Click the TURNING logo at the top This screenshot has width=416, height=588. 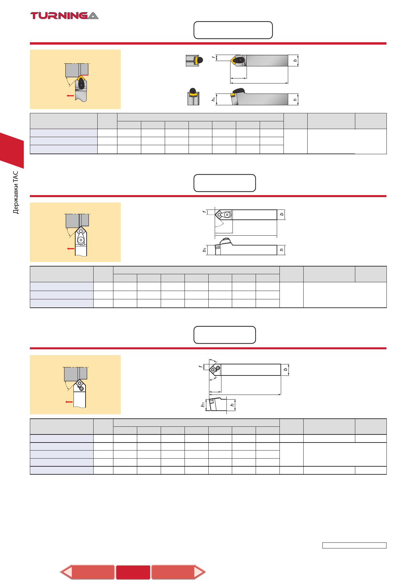(x=64, y=15)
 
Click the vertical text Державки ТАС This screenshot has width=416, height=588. (x=16, y=192)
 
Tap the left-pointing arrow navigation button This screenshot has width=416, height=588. (x=87, y=572)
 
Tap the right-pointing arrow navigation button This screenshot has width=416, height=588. (x=178, y=572)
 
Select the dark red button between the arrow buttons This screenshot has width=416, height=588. (x=133, y=572)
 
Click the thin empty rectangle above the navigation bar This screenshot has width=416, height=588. (x=354, y=545)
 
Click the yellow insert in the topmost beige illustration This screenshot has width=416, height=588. (x=81, y=78)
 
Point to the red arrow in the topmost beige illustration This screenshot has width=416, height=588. (x=70, y=96)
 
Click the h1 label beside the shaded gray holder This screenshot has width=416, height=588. (x=213, y=99)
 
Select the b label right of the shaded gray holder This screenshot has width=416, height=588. (x=295, y=61)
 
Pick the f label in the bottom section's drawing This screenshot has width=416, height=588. (x=200, y=367)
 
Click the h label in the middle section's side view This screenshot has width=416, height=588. (x=281, y=250)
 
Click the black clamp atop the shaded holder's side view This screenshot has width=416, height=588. (x=239, y=91)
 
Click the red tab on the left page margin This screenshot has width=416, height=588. (x=12, y=150)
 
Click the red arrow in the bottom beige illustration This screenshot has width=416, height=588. (x=69, y=402)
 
